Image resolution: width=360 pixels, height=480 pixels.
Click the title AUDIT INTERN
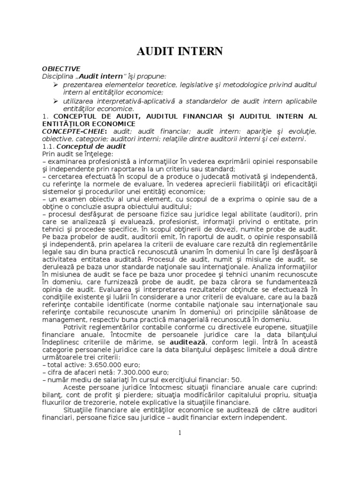point(180,51)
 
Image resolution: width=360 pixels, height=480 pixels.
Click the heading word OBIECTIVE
point(61,68)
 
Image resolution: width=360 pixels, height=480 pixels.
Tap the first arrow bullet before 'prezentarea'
point(56,84)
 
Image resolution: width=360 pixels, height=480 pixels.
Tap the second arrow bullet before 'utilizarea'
point(56,101)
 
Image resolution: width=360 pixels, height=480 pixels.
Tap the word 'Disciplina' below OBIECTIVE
point(57,76)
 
